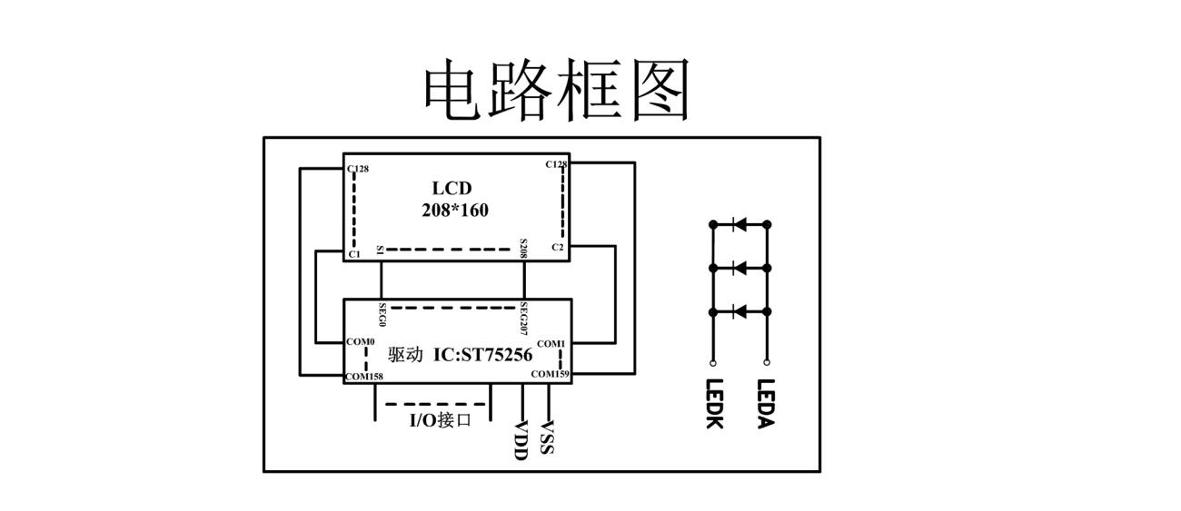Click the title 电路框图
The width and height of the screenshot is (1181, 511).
pyautogui.click(x=557, y=90)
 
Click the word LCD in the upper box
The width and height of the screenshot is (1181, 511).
pyautogui.click(x=452, y=188)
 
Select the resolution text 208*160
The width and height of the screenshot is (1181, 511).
pyautogui.click(x=455, y=211)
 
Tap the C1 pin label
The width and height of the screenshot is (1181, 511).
pyautogui.click(x=354, y=254)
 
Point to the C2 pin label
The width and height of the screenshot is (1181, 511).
pyautogui.click(x=557, y=247)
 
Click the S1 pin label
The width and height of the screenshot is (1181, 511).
pyautogui.click(x=380, y=249)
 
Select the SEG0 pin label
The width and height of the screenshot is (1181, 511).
pyautogui.click(x=382, y=316)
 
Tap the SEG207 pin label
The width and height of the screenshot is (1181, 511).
pyautogui.click(x=523, y=319)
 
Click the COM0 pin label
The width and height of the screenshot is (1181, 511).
pyautogui.click(x=361, y=341)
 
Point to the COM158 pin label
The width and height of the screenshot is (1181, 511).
pyautogui.click(x=364, y=376)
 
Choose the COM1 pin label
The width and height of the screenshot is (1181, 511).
pyautogui.click(x=551, y=344)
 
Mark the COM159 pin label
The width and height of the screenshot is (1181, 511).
pyautogui.click(x=550, y=374)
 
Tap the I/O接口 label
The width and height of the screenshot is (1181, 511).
pyautogui.click(x=440, y=419)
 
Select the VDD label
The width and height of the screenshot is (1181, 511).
pyautogui.click(x=521, y=440)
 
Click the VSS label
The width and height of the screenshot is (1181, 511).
pyautogui.click(x=547, y=437)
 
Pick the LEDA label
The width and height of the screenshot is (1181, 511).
pyautogui.click(x=766, y=404)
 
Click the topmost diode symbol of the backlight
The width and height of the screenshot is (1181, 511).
pyautogui.click(x=739, y=223)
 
